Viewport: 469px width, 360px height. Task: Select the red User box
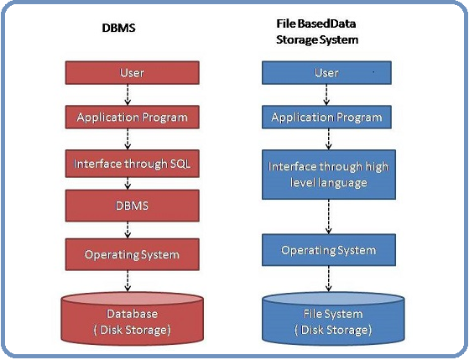point(132,73)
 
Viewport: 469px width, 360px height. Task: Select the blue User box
point(326,73)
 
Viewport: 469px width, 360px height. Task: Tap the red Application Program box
point(132,117)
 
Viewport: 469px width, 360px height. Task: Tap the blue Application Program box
point(326,117)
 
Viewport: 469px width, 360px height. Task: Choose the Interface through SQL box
point(132,164)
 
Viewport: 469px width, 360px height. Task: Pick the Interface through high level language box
point(327,175)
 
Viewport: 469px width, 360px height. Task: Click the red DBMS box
point(132,206)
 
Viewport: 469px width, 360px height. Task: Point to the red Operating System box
point(132,253)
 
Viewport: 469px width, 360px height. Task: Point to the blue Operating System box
point(327,250)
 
